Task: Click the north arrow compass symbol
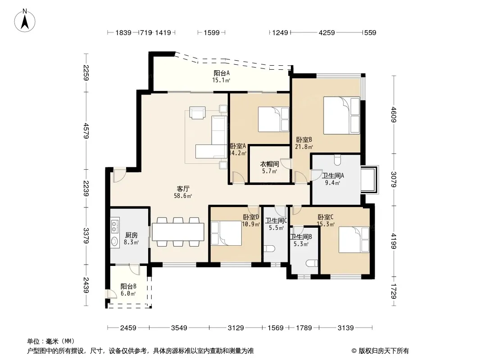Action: (25, 21)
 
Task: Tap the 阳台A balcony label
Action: (222, 73)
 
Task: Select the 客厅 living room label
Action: (183, 189)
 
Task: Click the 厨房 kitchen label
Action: (131, 235)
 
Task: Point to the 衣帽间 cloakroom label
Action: (269, 164)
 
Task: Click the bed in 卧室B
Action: (342, 116)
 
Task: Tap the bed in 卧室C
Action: (354, 239)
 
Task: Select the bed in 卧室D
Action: (226, 233)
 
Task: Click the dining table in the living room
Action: (178, 232)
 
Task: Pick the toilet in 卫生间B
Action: (312, 263)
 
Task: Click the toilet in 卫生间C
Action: (269, 248)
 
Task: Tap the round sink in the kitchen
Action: (115, 242)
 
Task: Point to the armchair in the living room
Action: (198, 112)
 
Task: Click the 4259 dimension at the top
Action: (326, 32)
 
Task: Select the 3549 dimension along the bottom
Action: (179, 328)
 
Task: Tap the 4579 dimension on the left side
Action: (86, 130)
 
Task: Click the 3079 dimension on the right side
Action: (394, 180)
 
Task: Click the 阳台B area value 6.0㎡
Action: (128, 294)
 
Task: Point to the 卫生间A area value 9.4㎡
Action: (332, 183)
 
